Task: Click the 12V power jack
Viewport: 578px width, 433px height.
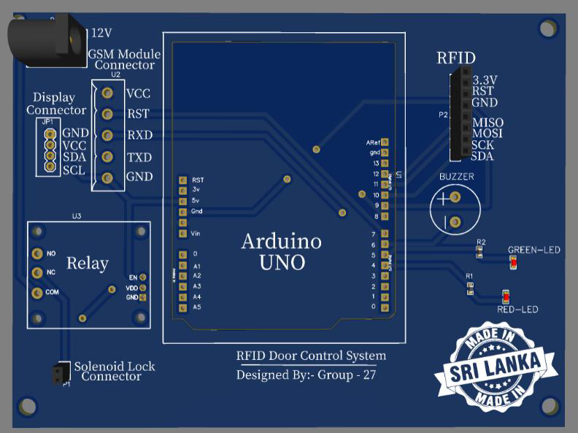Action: [47, 40]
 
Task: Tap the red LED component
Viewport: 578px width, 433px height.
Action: [506, 296]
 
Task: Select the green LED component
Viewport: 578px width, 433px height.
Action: [513, 262]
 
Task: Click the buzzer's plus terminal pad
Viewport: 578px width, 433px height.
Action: [455, 198]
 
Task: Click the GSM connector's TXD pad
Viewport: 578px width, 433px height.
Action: [107, 156]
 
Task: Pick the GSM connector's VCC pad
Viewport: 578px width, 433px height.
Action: [107, 93]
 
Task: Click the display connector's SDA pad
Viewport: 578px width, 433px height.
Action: [50, 156]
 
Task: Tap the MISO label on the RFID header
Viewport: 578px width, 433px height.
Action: [488, 123]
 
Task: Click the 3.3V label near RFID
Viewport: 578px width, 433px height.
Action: [485, 80]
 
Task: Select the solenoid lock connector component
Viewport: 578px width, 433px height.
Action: [57, 373]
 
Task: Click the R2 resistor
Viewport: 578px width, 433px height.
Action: [479, 252]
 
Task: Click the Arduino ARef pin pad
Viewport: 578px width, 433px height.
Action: [385, 142]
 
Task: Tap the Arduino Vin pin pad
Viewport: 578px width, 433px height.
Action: [182, 233]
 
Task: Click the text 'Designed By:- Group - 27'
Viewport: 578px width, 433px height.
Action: [307, 375]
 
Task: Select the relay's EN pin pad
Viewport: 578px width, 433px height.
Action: [143, 277]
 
